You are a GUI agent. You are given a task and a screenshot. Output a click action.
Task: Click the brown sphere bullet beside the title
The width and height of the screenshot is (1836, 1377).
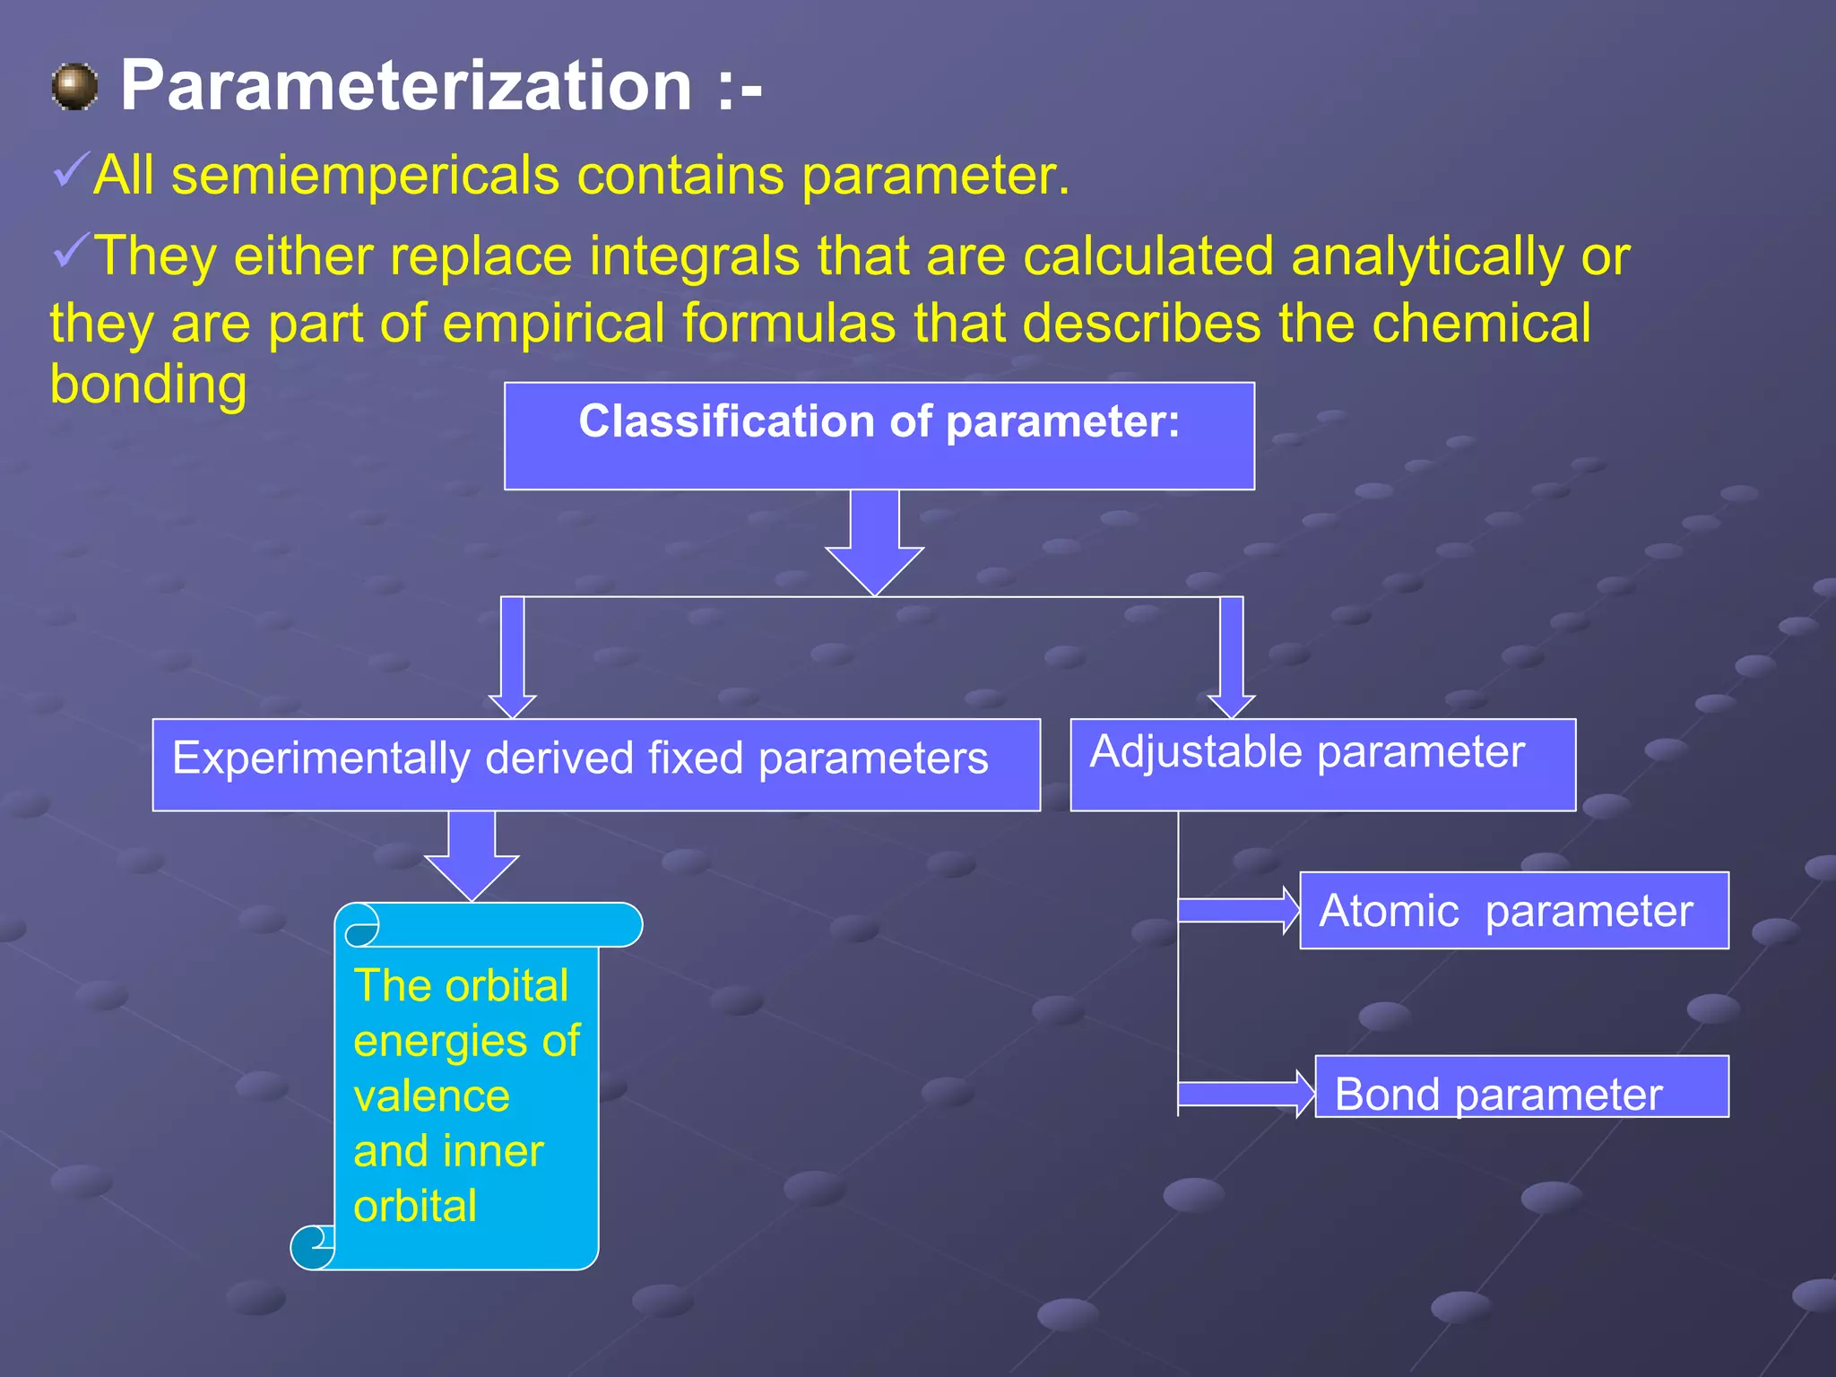(74, 87)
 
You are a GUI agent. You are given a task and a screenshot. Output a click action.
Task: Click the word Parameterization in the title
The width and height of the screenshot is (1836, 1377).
(405, 86)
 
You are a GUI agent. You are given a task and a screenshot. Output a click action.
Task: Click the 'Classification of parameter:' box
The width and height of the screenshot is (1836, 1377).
(879, 436)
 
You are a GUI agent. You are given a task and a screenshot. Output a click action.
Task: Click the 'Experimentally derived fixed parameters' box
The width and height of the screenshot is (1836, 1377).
(596, 764)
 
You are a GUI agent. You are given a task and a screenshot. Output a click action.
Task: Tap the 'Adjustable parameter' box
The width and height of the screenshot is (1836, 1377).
(1322, 764)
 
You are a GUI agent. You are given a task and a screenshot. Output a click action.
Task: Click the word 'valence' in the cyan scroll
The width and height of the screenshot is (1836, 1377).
(431, 1096)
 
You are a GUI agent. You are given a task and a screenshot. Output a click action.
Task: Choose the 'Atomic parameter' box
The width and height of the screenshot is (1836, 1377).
(1513, 910)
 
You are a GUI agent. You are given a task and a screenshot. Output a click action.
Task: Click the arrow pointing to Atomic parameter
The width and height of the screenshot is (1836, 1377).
(1238, 910)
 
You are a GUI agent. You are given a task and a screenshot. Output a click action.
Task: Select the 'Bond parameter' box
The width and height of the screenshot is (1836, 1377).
(1520, 1087)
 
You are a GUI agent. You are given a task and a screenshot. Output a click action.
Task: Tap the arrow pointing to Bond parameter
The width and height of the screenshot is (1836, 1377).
(1244, 1094)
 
